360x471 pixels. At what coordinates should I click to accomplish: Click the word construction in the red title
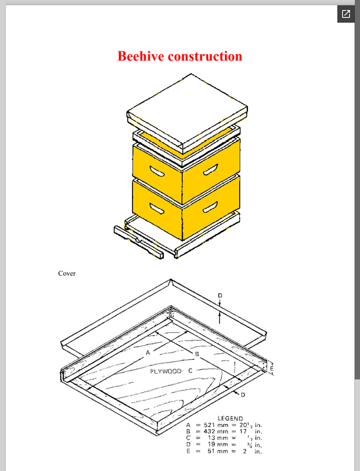[x=205, y=56]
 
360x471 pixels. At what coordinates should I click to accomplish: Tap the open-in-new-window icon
[x=346, y=14]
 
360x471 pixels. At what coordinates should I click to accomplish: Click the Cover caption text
[x=67, y=273]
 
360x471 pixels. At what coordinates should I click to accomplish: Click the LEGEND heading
[x=230, y=419]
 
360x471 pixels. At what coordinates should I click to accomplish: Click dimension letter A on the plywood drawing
[x=148, y=352]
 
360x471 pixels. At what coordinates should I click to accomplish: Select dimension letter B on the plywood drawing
[x=197, y=354]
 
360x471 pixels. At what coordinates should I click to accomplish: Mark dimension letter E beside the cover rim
[x=272, y=367]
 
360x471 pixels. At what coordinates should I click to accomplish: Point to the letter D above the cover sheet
[x=220, y=296]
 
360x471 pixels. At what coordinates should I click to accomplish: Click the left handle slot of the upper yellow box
[x=157, y=171]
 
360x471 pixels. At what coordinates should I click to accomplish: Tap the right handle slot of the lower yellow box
[x=210, y=207]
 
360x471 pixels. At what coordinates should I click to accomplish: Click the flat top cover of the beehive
[x=187, y=110]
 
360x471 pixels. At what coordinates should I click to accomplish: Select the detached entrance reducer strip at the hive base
[x=138, y=242]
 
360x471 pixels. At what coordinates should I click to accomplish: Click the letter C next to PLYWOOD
[x=190, y=371]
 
